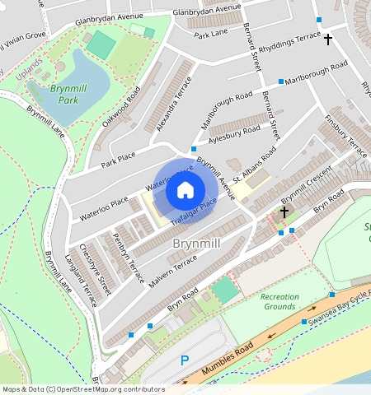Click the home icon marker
point(185,191)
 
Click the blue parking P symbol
point(185,360)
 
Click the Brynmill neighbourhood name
point(195,244)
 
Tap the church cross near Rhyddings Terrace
point(327,39)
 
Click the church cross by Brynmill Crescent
point(284,212)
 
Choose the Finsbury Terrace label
point(345,135)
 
